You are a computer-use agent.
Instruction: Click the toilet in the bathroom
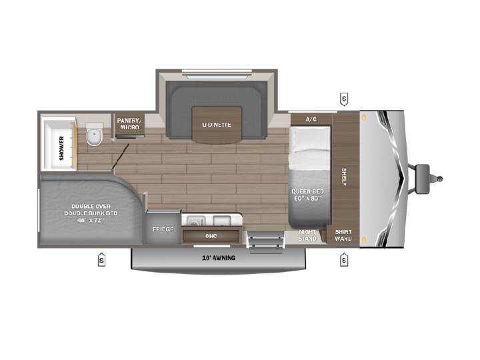click(95, 134)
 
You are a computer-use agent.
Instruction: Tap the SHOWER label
click(61, 148)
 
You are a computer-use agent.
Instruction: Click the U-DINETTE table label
click(217, 125)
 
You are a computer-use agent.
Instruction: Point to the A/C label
click(311, 119)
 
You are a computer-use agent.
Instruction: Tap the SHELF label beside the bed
click(344, 177)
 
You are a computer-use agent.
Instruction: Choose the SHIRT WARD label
click(343, 235)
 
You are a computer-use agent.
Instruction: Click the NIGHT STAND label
click(307, 235)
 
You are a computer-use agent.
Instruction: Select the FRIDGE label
click(163, 229)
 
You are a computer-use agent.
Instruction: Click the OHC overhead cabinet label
click(211, 236)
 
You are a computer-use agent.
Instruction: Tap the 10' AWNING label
click(219, 258)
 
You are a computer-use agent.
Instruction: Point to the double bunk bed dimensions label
click(91, 220)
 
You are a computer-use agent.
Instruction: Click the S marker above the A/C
click(344, 99)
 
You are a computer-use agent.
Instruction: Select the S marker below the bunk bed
click(101, 260)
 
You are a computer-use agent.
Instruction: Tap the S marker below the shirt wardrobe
click(344, 260)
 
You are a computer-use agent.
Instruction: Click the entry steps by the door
click(266, 242)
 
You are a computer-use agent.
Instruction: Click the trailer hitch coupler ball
click(439, 179)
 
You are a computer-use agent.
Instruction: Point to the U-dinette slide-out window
click(217, 74)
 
